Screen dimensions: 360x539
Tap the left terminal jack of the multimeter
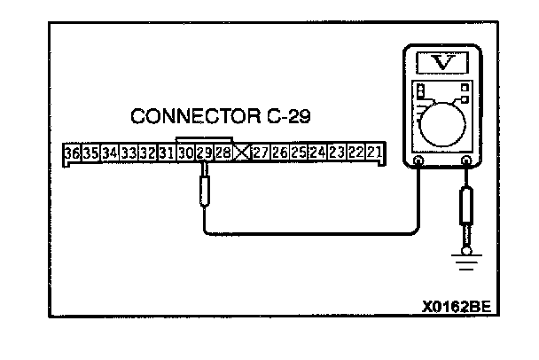coord(418,161)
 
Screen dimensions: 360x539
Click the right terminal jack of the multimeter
coord(467,161)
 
